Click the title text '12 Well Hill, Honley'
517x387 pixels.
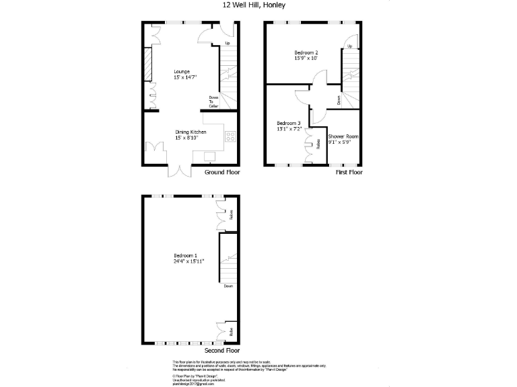pyautogui.click(x=254, y=5)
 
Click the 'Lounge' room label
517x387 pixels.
pyautogui.click(x=181, y=72)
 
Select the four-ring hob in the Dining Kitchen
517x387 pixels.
pyautogui.click(x=230, y=136)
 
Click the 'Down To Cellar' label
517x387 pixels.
pyautogui.click(x=213, y=101)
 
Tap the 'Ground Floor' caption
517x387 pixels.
pyautogui.click(x=222, y=173)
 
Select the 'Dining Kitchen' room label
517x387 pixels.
pyautogui.click(x=191, y=132)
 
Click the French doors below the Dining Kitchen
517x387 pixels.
pyautogui.click(x=181, y=171)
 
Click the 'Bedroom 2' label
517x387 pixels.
pyautogui.click(x=306, y=52)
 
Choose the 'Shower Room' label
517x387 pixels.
pyautogui.click(x=343, y=136)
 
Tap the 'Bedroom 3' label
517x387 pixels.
pyautogui.click(x=288, y=123)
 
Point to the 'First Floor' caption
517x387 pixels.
pyautogui.click(x=349, y=173)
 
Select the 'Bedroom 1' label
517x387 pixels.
pyautogui.click(x=185, y=255)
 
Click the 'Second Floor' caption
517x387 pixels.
pyautogui.click(x=222, y=350)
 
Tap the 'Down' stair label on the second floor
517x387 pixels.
pyautogui.click(x=229, y=286)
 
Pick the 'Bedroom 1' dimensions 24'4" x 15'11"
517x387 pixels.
pyautogui.click(x=188, y=261)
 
